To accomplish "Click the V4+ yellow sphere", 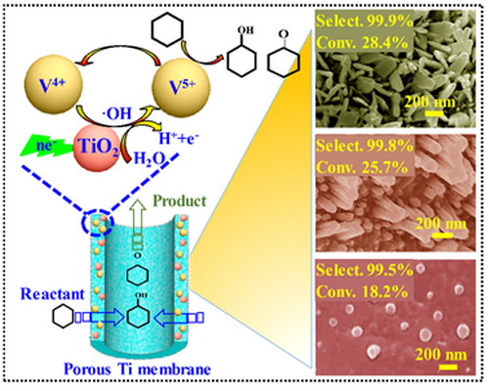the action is [x=53, y=86].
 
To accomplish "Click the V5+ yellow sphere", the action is [x=181, y=87].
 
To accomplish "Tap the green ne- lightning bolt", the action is [x=46, y=146].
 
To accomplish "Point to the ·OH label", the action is [x=115, y=114].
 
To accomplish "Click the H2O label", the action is [x=150, y=159].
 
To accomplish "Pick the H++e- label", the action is [x=179, y=138].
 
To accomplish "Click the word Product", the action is [x=180, y=201].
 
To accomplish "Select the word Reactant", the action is [x=53, y=294].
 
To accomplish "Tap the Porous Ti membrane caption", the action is [x=137, y=369].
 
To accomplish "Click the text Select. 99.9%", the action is [x=365, y=22].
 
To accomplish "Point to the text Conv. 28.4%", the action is [x=362, y=42].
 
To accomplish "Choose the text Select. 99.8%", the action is [x=365, y=146].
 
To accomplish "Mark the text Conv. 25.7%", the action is [x=362, y=167].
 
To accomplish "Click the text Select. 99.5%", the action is [x=365, y=271].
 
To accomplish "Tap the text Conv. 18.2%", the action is [x=362, y=291].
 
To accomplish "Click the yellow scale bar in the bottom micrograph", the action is [x=448, y=368].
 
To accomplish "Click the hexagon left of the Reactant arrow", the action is [x=64, y=317].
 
